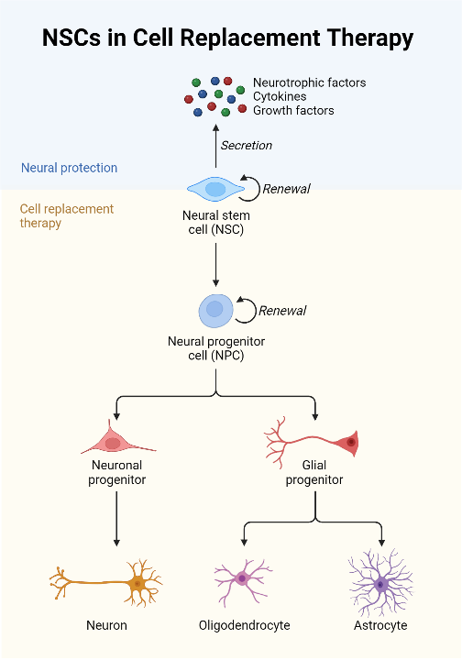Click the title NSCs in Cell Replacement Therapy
coord(227,38)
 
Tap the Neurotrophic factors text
coord(309,82)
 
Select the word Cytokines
coord(280,96)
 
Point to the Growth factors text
coord(293,110)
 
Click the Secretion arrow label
coord(246,145)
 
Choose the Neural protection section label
coord(69,168)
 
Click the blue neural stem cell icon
coord(215,189)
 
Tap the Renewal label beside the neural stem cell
coord(286,189)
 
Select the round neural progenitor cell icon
coord(215,310)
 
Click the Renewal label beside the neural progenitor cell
coord(282,311)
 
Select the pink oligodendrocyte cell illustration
coord(243,578)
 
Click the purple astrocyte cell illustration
coord(380,583)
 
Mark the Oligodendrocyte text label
coord(244,625)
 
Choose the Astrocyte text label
coord(380,625)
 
